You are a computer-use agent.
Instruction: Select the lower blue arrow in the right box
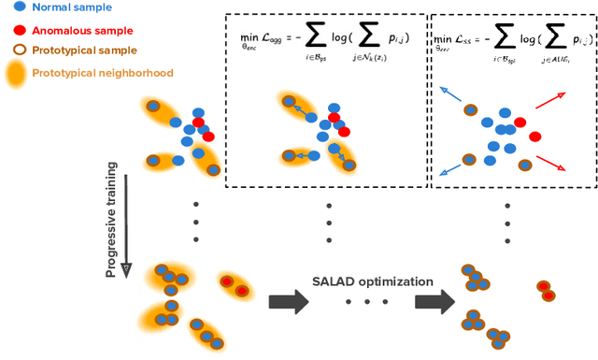click(450, 167)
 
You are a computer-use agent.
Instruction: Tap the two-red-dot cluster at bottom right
click(544, 290)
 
